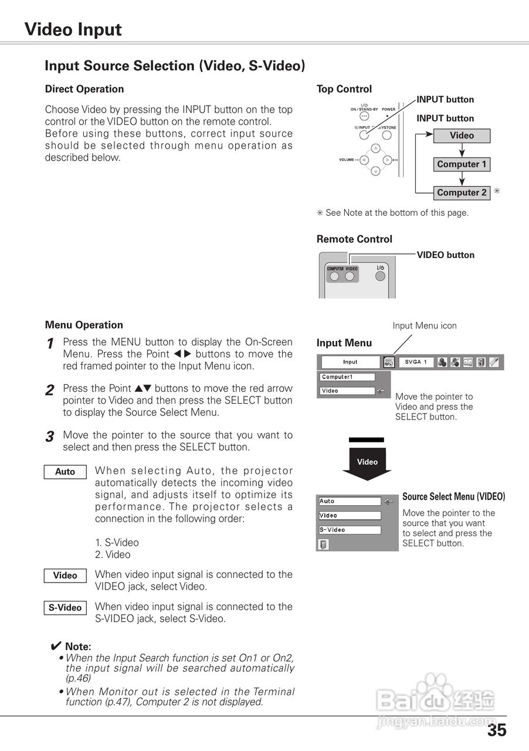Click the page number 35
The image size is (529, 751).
coord(496,730)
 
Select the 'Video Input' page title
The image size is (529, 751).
coord(73,29)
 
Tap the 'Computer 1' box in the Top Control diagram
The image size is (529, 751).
coord(462,164)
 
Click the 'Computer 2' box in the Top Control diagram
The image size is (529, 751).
coord(462,192)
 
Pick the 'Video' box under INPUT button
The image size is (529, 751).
coord(462,136)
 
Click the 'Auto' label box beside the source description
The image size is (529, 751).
coord(65,472)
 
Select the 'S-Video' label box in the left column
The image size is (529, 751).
coord(65,608)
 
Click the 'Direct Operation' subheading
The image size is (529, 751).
coord(84,89)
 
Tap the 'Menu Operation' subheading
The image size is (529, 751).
coord(84,325)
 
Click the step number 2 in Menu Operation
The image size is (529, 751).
coord(50,390)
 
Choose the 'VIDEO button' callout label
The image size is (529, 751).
coord(445,255)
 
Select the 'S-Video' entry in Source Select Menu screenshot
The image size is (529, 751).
coord(350,530)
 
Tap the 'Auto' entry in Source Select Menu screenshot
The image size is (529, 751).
coord(350,502)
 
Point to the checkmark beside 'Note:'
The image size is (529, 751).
coord(56,646)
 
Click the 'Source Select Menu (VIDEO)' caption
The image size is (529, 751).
coord(453,497)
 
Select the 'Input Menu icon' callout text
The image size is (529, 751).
coord(424,326)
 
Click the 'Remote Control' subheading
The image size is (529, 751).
coord(354,239)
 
